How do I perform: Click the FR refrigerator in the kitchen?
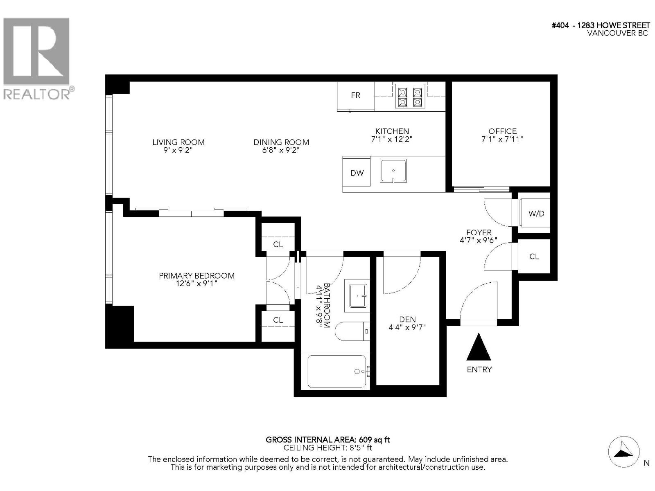tap(355, 96)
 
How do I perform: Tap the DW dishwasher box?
tap(357, 173)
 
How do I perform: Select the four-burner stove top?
tap(410, 96)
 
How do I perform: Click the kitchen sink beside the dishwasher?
tap(393, 171)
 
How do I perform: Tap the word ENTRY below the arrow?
tap(479, 369)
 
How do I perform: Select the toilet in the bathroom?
tap(352, 331)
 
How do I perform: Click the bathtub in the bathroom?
tap(337, 372)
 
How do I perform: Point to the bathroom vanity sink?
tap(357, 296)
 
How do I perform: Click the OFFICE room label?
tap(503, 131)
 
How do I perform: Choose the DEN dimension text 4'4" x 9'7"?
tap(407, 327)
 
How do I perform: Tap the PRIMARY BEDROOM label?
tap(196, 276)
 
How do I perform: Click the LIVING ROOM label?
tap(178, 142)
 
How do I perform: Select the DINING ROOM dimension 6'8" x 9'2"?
tap(281, 150)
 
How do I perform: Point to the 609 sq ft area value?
tap(374, 440)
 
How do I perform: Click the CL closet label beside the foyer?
tap(534, 257)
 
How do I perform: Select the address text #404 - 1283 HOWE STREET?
tap(601, 25)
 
